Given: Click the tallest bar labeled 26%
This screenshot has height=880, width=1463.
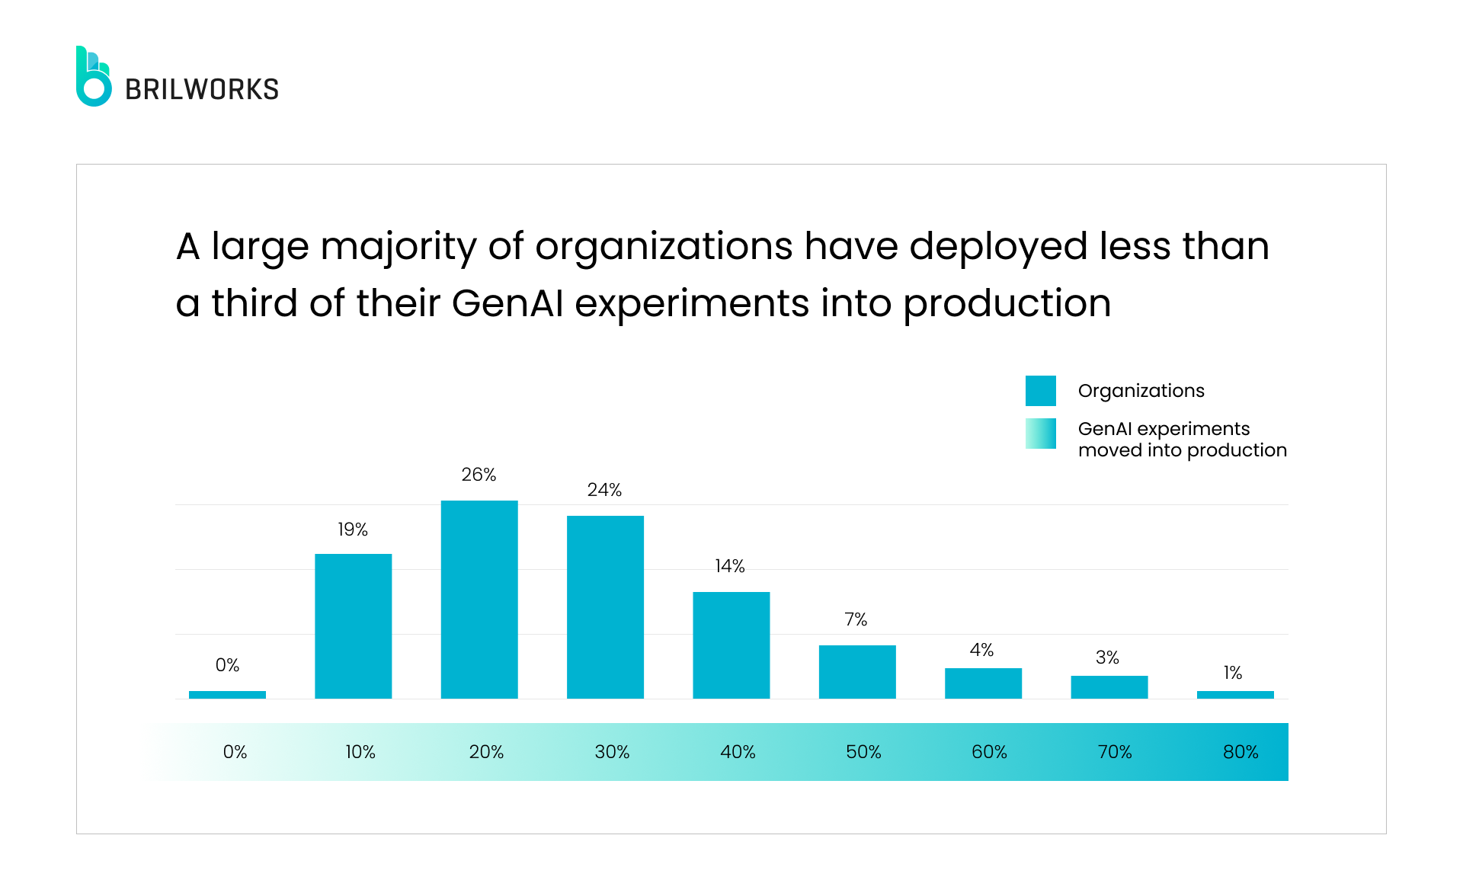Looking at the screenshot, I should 479,600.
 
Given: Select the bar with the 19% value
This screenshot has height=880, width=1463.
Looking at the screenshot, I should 353,626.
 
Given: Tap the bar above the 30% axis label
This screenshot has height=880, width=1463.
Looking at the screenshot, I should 605,607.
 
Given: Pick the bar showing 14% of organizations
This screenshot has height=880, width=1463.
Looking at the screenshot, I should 731,645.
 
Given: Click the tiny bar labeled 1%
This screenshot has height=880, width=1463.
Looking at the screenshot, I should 1235,695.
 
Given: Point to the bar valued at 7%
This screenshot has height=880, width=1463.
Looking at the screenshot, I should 857,672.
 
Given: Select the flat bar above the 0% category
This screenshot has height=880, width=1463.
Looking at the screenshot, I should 227,695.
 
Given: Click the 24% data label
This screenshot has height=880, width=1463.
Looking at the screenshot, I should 604,490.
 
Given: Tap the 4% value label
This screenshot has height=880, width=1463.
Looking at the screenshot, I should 981,650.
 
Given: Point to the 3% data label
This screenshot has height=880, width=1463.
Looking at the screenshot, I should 1107,658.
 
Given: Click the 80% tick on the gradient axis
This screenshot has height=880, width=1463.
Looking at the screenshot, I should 1241,752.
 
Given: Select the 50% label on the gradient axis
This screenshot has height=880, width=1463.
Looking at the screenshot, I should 863,752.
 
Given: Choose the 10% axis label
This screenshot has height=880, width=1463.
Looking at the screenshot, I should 360,752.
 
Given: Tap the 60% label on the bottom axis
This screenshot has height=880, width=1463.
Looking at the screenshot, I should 989,752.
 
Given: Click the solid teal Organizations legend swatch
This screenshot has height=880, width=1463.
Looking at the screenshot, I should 1040,391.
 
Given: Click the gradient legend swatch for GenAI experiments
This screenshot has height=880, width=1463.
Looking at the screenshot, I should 1040,434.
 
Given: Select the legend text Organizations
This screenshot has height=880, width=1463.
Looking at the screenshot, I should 1141,391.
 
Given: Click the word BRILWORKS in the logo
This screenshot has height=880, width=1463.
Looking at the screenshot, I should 202,90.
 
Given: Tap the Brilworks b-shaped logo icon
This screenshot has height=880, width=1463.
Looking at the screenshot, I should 93,78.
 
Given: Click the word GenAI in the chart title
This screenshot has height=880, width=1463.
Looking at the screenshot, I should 507,303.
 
